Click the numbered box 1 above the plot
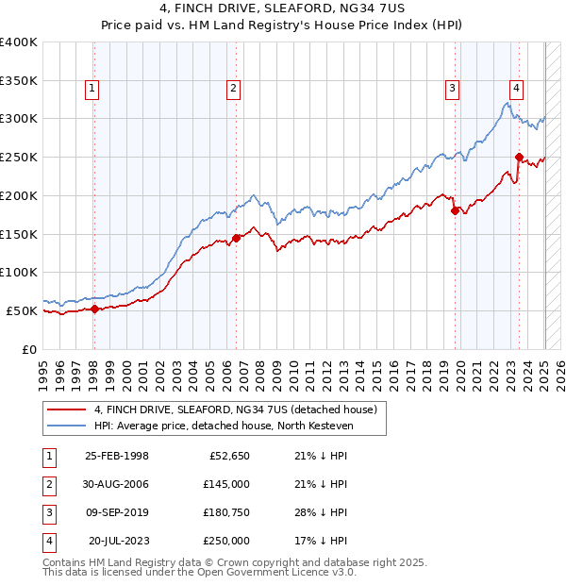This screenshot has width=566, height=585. coord(92,89)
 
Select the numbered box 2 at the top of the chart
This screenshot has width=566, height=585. coord(233,89)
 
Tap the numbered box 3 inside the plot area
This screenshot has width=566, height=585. coord(453,89)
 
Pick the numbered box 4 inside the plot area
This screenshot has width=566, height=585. coord(517,89)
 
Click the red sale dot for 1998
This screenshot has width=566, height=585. coord(94,309)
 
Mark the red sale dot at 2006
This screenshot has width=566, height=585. coord(236,238)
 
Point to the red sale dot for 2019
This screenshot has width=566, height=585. coord(455,210)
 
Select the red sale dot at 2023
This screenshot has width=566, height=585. coord(519,157)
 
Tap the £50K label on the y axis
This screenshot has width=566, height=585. coord(22,310)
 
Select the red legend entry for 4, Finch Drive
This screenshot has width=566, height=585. coord(235,409)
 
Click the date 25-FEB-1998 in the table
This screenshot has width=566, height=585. coord(117,457)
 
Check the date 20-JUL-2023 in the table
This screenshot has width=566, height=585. coord(118,542)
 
